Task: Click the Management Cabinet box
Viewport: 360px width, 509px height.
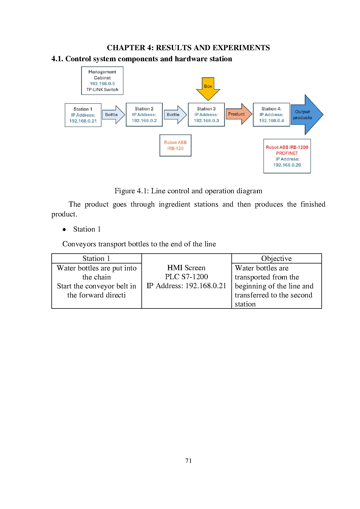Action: pyautogui.click(x=102, y=81)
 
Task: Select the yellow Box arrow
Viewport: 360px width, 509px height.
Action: pyautogui.click(x=208, y=88)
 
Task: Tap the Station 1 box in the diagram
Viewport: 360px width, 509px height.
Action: pyautogui.click(x=83, y=115)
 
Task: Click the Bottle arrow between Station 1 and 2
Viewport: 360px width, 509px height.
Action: pyautogui.click(x=113, y=115)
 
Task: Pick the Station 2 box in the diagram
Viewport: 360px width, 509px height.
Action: pyautogui.click(x=144, y=115)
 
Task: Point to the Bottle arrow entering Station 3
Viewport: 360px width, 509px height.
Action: pyautogui.click(x=174, y=115)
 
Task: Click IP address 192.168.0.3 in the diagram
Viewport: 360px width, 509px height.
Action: pyautogui.click(x=206, y=120)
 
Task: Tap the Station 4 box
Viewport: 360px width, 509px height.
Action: pyautogui.click(x=271, y=115)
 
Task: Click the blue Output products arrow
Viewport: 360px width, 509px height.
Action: pyautogui.click(x=305, y=115)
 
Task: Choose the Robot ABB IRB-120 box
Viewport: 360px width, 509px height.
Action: pyautogui.click(x=175, y=145)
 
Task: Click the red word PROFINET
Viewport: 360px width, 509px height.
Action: pyautogui.click(x=287, y=153)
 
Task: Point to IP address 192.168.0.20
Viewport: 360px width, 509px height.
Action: pyautogui.click(x=287, y=165)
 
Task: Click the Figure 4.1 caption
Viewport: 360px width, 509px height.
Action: pyautogui.click(x=188, y=191)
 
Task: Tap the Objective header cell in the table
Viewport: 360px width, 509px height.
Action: pyautogui.click(x=276, y=258)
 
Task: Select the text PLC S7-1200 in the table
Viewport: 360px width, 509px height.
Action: pyautogui.click(x=186, y=277)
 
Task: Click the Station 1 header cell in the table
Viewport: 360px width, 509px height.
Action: pyautogui.click(x=96, y=258)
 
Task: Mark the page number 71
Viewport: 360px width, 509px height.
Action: pyautogui.click(x=188, y=461)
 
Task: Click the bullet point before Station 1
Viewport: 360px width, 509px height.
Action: pyautogui.click(x=64, y=230)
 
